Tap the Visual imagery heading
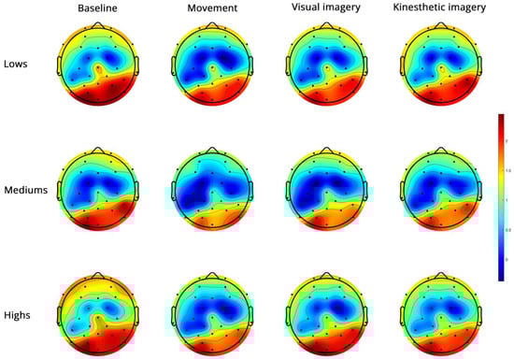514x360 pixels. [323, 11]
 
